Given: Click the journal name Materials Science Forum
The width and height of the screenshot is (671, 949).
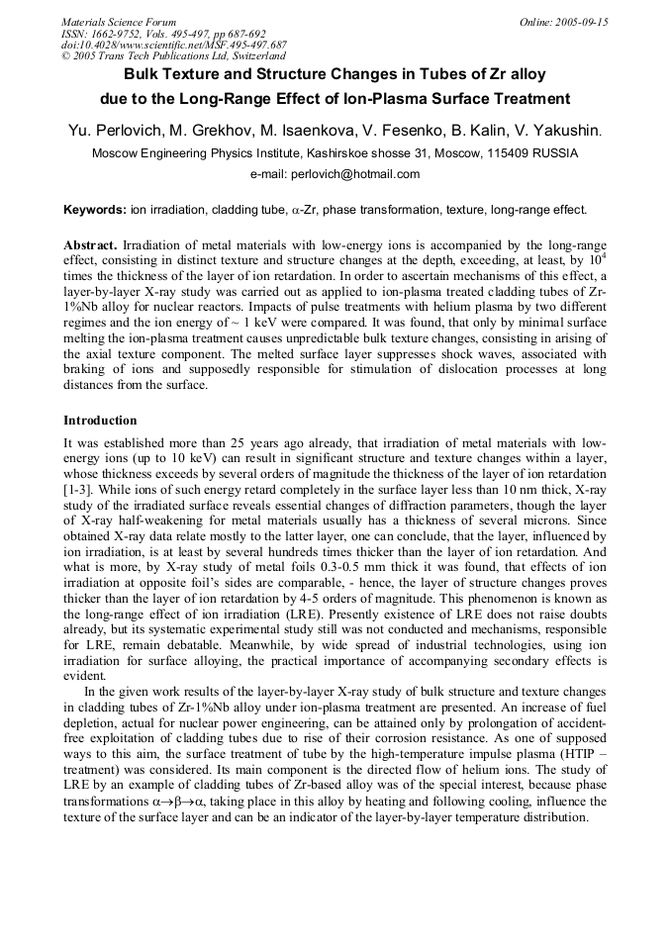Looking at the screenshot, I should pos(119,22).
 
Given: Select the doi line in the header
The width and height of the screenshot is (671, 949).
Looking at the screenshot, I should pos(174,45).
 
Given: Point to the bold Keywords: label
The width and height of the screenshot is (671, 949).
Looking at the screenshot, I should pos(95,210).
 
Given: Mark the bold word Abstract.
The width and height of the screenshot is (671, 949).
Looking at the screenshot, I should pos(90,244).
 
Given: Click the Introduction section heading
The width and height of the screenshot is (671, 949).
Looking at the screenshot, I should pos(100,421).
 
